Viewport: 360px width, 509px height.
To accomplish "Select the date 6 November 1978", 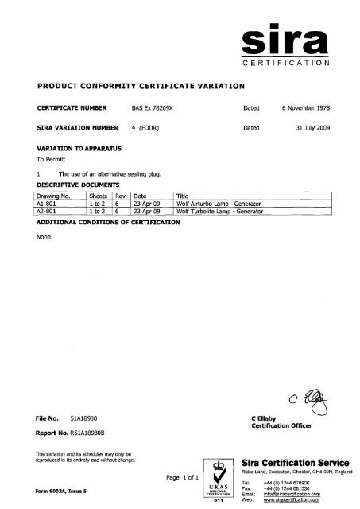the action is click(310, 104).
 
